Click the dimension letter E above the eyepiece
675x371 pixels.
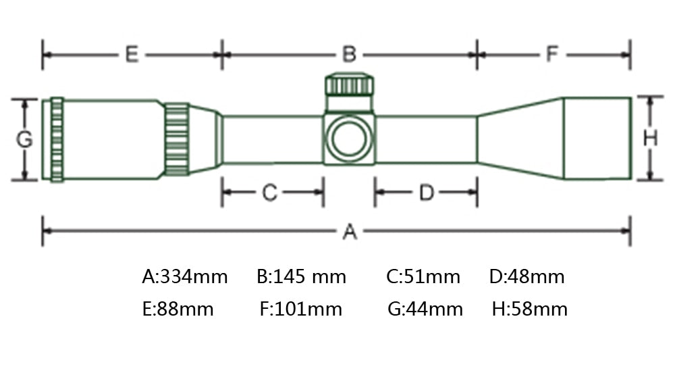[x=132, y=55]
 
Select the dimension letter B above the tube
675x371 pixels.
[x=349, y=55]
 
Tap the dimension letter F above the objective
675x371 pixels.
[x=552, y=54]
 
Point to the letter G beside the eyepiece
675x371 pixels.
[x=24, y=139]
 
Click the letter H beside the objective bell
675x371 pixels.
[x=650, y=139]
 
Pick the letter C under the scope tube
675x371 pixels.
[x=269, y=193]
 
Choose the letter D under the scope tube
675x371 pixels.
[x=426, y=193]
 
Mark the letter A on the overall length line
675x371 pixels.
[x=350, y=232]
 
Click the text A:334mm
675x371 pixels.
[x=185, y=276]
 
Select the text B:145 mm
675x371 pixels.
[x=301, y=276]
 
